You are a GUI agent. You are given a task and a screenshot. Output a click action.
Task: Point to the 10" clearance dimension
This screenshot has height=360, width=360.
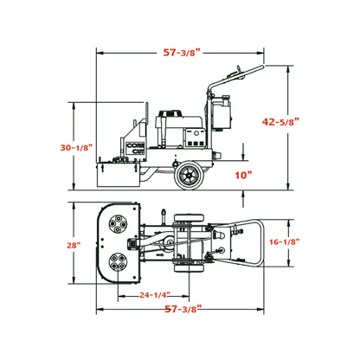243,176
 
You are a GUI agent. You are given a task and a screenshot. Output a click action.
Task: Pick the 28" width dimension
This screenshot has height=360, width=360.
76,245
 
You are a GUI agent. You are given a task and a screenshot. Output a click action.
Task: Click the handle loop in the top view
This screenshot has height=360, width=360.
251,243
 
